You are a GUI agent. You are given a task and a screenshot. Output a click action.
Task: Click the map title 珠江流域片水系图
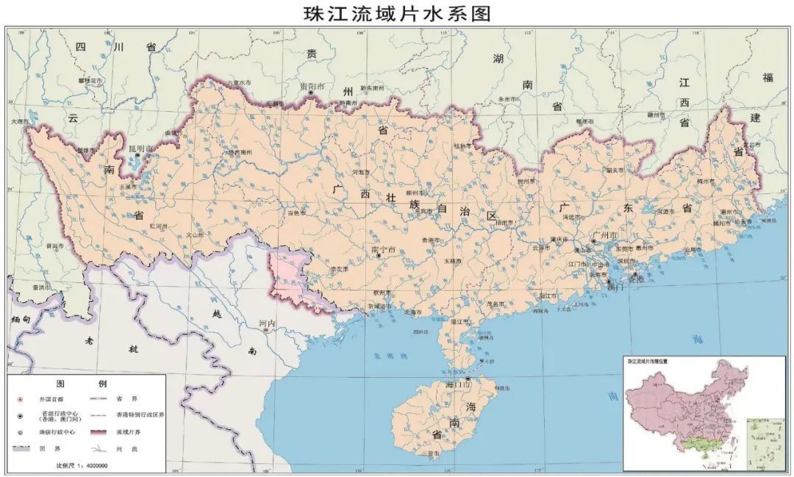click(397, 13)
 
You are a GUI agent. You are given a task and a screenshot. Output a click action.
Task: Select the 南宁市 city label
click(385, 250)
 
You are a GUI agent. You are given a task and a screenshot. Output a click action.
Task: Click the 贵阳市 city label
click(312, 87)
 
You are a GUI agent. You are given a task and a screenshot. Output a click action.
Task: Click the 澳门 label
click(615, 287)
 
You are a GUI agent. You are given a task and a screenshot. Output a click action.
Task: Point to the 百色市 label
click(296, 213)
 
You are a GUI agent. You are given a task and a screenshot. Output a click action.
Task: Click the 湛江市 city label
click(461, 322)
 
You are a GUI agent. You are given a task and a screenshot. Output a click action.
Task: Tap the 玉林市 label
click(453, 261)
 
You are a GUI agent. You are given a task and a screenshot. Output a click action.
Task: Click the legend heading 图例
click(87, 384)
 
